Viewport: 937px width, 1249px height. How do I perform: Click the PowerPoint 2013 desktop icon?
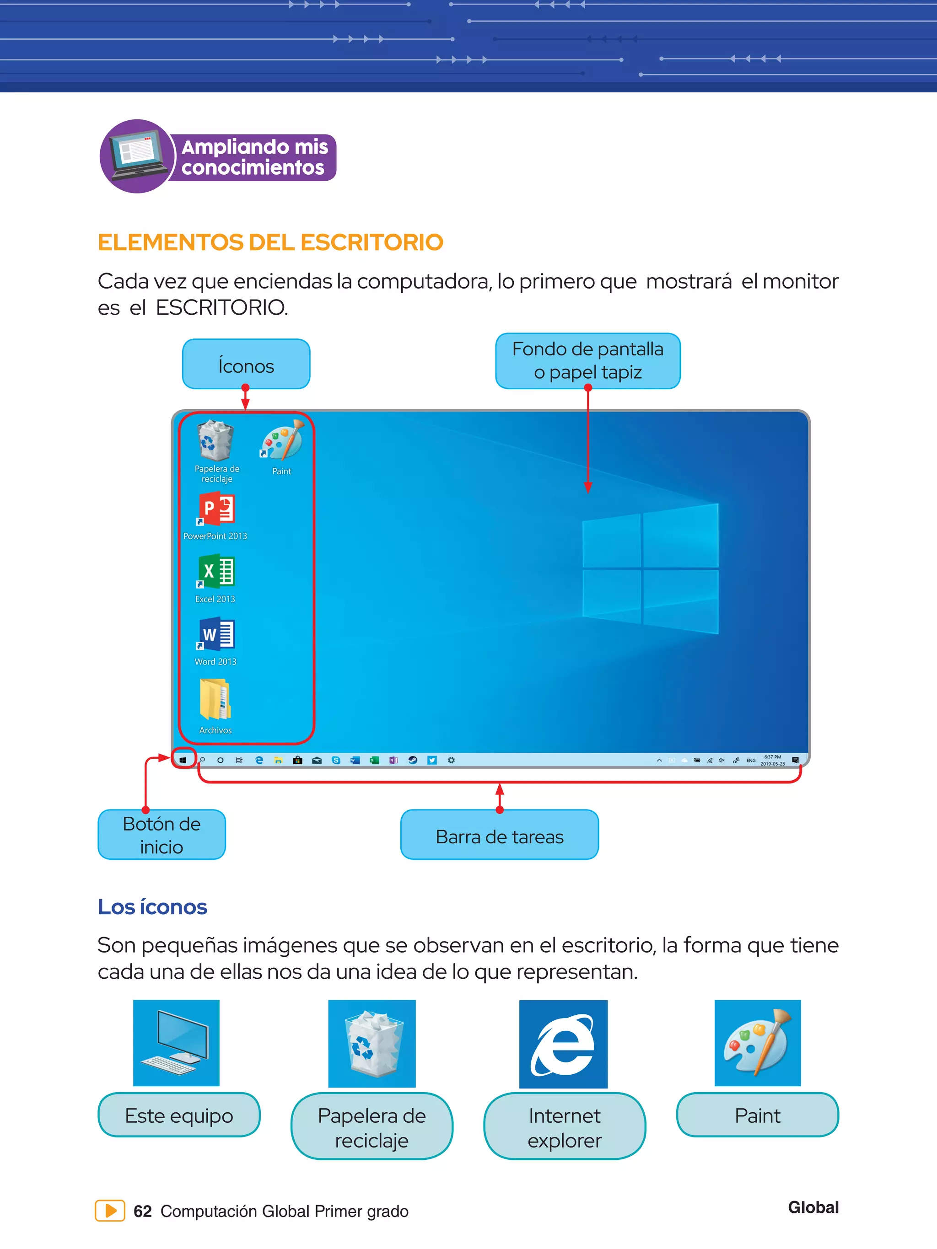click(x=216, y=510)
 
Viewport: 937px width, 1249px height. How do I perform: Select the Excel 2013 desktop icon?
click(x=216, y=572)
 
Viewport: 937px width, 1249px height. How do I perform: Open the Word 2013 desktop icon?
click(x=216, y=635)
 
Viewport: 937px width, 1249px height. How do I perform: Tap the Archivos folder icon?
click(x=215, y=700)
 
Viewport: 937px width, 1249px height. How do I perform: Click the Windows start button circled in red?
click(x=183, y=760)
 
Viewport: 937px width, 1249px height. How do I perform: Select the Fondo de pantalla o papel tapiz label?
click(x=587, y=361)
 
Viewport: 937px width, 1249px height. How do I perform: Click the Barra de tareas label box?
click(x=499, y=836)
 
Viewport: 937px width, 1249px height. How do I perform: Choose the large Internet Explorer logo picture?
click(x=563, y=1045)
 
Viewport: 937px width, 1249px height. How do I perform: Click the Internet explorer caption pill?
click(x=564, y=1127)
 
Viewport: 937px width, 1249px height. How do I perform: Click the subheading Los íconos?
click(x=152, y=907)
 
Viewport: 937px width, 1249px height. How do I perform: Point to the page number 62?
click(x=142, y=1211)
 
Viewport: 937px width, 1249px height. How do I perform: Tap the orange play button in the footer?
click(x=110, y=1211)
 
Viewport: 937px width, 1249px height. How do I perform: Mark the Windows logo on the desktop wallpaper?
click(x=650, y=568)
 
